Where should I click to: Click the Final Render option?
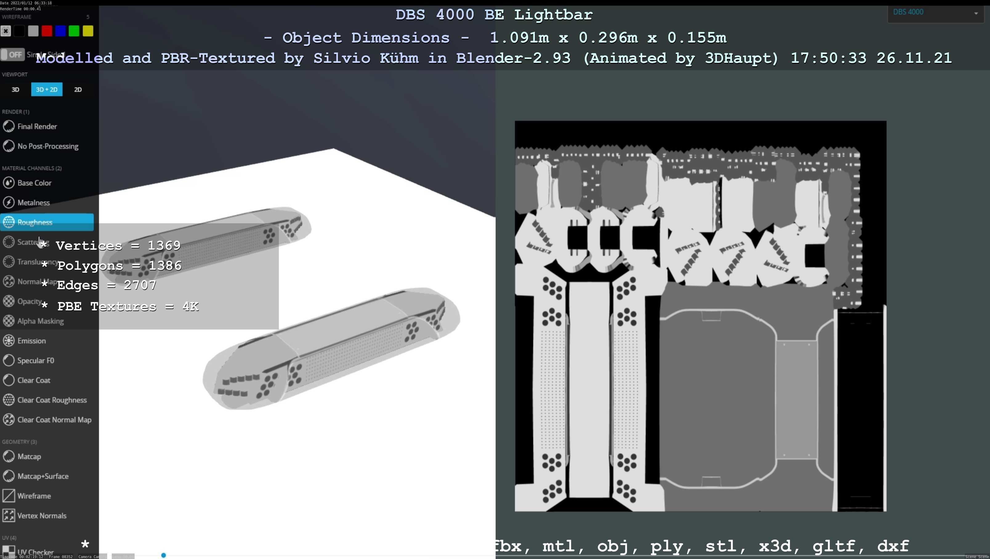point(37,127)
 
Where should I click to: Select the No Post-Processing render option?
point(48,146)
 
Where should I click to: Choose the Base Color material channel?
point(34,183)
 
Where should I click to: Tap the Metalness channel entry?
point(34,203)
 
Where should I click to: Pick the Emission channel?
point(31,341)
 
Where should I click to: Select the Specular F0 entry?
point(35,361)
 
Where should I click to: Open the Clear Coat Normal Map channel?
point(54,420)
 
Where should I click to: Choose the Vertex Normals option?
point(42,516)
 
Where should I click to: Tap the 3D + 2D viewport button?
point(46,90)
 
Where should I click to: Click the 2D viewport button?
point(78,90)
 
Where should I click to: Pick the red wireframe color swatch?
point(47,31)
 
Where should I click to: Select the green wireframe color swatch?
point(74,31)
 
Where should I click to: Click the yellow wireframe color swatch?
point(88,31)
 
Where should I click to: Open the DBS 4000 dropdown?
point(935,13)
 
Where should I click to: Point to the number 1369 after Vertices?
point(164,245)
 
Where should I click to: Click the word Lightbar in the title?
point(553,14)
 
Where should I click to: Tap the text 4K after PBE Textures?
point(190,306)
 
